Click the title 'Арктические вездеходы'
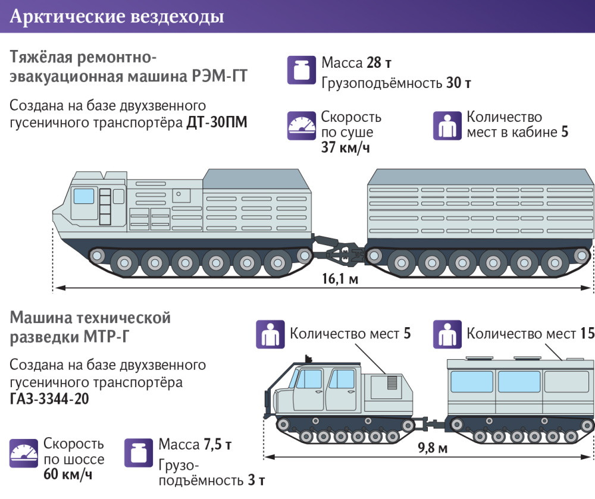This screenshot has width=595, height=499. click(117, 17)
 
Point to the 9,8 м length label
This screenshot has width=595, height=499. click(434, 447)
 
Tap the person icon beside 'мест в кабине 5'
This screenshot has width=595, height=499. click(447, 125)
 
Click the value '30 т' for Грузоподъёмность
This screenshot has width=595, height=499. click(459, 83)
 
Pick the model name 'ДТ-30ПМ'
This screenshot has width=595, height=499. click(217, 122)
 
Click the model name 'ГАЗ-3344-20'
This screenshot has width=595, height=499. click(49, 398)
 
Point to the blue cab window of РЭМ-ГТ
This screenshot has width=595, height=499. click(84, 195)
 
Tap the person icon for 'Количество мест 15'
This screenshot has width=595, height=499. click(447, 334)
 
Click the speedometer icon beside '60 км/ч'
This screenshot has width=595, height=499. click(23, 453)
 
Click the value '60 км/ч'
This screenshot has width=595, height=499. click(68, 475)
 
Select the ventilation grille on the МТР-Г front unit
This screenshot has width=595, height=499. click(393, 382)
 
